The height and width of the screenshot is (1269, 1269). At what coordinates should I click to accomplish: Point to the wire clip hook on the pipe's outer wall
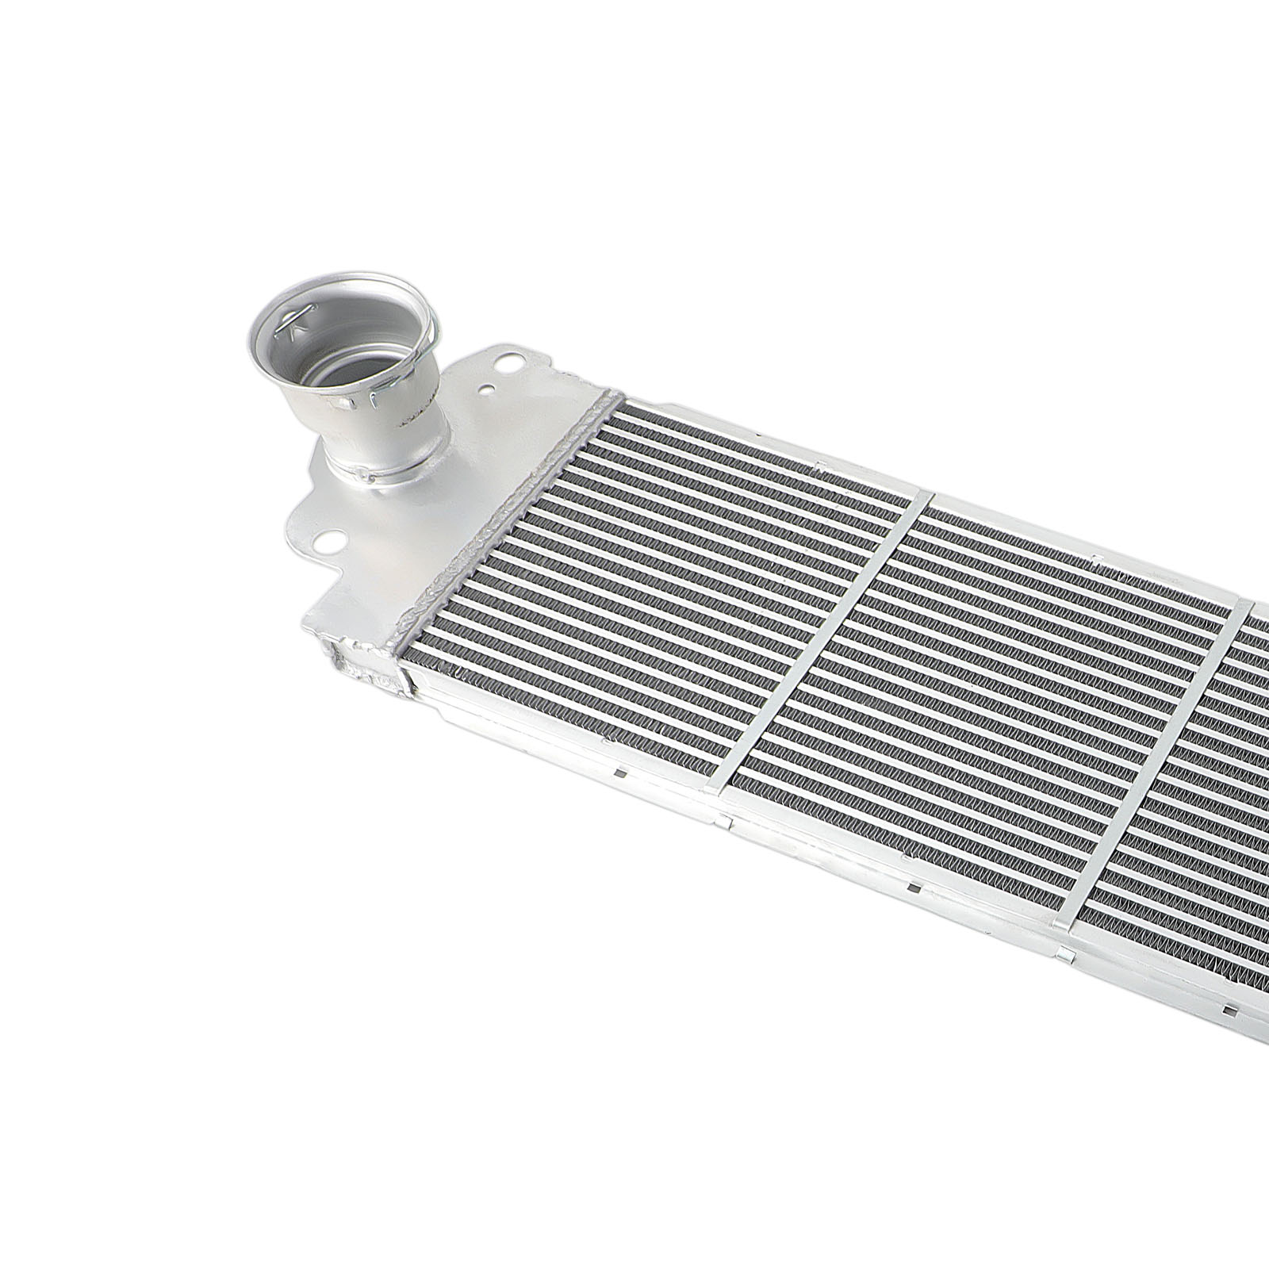(x=373, y=401)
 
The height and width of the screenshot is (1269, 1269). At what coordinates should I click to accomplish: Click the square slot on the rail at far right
(x=1229, y=1010)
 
